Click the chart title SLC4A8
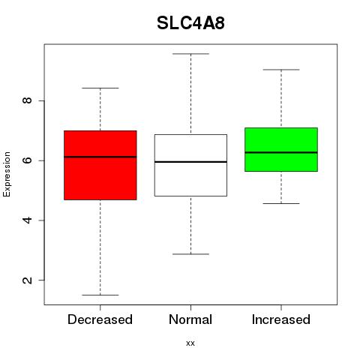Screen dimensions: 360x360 click(190, 23)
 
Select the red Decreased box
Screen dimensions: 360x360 click(100, 165)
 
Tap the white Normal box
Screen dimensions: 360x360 click(190, 165)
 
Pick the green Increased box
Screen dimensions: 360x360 click(281, 149)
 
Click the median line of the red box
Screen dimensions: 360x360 click(100, 157)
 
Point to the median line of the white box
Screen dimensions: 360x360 click(190, 162)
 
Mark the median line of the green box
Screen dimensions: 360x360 click(281, 152)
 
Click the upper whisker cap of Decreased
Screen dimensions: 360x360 click(100, 88)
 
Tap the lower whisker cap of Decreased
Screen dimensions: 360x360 click(100, 295)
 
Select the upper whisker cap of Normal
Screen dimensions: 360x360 click(190, 54)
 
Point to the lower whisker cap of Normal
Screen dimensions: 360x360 click(190, 254)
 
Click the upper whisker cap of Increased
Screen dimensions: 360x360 click(281, 70)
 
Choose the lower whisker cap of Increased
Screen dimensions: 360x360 click(281, 203)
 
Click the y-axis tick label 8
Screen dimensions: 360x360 click(28, 100)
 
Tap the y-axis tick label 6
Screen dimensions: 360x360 click(28, 160)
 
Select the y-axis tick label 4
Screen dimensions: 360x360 click(28, 220)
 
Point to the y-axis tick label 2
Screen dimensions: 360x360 click(28, 280)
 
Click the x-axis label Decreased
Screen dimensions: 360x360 click(100, 319)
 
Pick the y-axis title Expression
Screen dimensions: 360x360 click(7, 174)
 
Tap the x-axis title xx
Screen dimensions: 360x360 click(190, 343)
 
